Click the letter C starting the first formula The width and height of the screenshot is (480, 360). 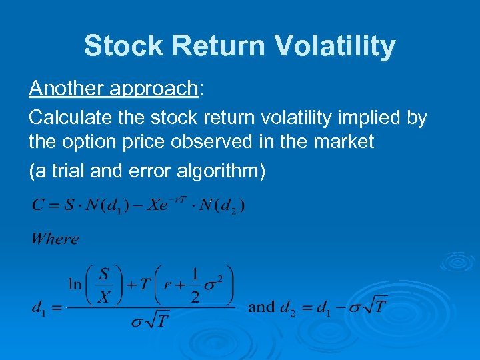tap(37, 205)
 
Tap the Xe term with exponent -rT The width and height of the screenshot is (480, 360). tap(167, 203)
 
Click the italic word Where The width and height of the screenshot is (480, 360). tap(55, 239)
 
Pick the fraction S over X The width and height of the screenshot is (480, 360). tap(104, 285)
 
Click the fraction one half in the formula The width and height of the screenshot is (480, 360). tap(195, 285)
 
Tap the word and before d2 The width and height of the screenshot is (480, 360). tap(261, 307)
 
